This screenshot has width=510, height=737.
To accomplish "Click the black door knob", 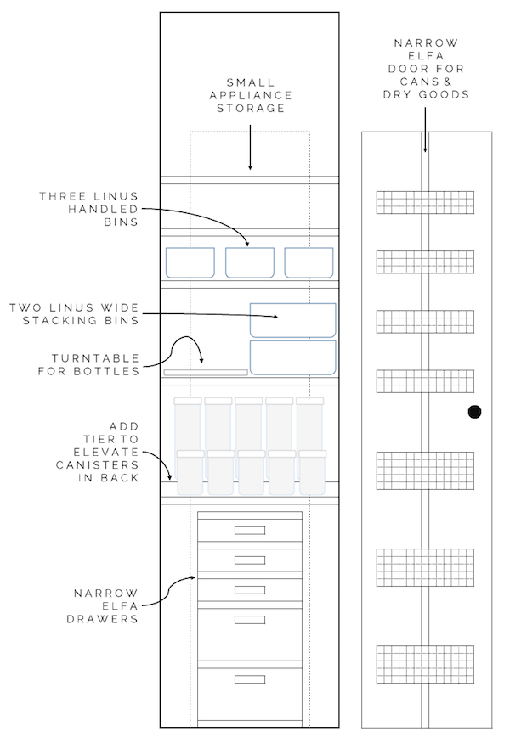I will (474, 413).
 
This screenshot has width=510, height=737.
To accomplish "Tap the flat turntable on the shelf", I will (206, 372).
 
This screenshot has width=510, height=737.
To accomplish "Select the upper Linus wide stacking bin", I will (292, 319).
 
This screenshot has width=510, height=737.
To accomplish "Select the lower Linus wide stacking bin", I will (292, 357).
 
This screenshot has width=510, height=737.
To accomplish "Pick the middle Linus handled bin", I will (249, 262).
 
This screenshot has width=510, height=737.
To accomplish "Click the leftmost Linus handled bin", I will (190, 262).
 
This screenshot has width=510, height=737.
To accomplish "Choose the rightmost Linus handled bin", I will (308, 262).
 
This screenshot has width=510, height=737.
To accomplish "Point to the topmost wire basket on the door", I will (425, 203).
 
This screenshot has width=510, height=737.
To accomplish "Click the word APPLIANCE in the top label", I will (251, 96).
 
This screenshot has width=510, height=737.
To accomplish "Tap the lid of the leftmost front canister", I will (190, 454).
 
